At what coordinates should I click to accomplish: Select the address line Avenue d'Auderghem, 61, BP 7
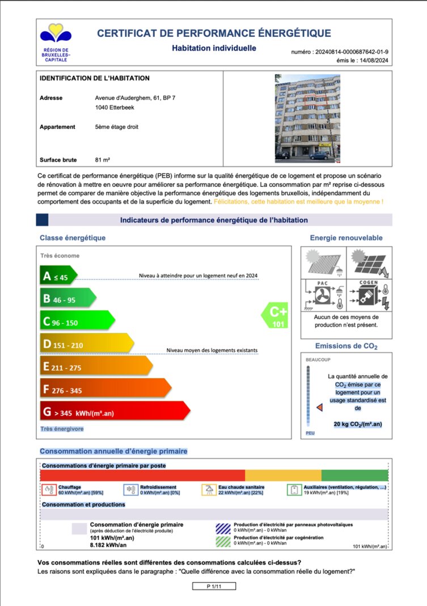point(135,98)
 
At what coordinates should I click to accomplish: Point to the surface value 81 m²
point(103,160)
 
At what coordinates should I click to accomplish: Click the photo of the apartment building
point(307,117)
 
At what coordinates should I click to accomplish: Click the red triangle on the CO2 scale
point(319,408)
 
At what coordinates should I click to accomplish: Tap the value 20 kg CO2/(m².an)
point(358,424)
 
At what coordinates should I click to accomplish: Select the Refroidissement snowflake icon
point(130,490)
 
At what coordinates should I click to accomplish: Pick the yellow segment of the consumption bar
point(283,475)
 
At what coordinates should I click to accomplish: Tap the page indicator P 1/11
point(214,586)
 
